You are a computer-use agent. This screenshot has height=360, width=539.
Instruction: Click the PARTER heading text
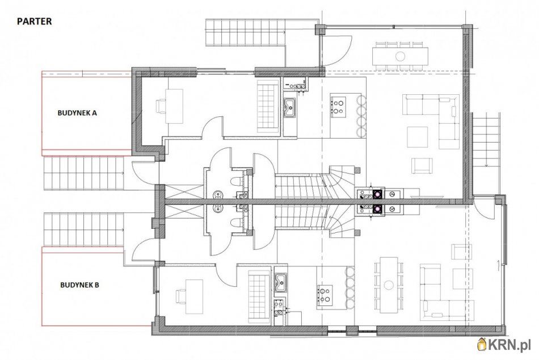click(35, 22)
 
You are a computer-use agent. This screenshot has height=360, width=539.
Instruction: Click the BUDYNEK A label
click(77, 112)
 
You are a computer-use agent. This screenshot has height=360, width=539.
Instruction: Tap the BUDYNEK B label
click(80, 285)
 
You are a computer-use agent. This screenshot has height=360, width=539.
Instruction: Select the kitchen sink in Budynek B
click(281, 282)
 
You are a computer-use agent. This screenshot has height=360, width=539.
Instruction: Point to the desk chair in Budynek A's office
click(161, 106)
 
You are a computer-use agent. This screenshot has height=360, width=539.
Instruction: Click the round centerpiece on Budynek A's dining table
click(400, 56)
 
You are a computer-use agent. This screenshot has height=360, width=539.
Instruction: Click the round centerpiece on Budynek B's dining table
click(389, 285)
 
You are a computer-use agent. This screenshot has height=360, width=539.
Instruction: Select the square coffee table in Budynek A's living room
click(418, 137)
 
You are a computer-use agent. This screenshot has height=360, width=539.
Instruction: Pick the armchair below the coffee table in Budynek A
click(422, 166)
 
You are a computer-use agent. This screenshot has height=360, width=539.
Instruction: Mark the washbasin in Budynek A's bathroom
click(218, 195)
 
